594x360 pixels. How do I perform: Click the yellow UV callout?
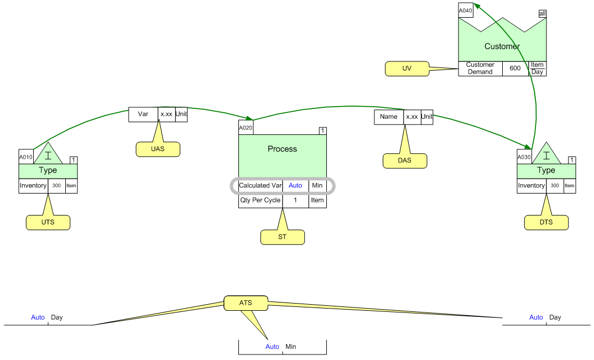pyautogui.click(x=407, y=68)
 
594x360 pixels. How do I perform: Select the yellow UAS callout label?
pyautogui.click(x=158, y=149)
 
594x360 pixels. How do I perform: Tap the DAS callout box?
pyautogui.click(x=404, y=160)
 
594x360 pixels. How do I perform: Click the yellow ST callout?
pyautogui.click(x=282, y=237)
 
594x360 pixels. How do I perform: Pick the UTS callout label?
pyautogui.click(x=48, y=222)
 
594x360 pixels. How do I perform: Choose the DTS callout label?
pyautogui.click(x=546, y=222)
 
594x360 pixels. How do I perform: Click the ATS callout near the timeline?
pyautogui.click(x=246, y=302)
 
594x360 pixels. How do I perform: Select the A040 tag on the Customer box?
pyautogui.click(x=465, y=11)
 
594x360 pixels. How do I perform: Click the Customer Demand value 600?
pyautogui.click(x=515, y=69)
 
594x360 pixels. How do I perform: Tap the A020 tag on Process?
pyautogui.click(x=246, y=128)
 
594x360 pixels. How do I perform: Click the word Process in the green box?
pyautogui.click(x=282, y=149)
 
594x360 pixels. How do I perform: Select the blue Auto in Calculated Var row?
pyautogui.click(x=295, y=186)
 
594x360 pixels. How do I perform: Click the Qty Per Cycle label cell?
pyautogui.click(x=260, y=200)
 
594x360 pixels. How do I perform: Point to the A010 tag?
pyautogui.click(x=26, y=157)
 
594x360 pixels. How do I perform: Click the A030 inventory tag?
pyautogui.click(x=524, y=157)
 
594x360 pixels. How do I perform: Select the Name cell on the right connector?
pyautogui.click(x=388, y=117)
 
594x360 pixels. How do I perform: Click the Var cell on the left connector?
pyautogui.click(x=143, y=114)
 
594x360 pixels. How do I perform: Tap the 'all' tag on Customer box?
pyautogui.click(x=543, y=14)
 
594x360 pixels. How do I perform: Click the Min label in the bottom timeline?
pyautogui.click(x=291, y=347)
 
